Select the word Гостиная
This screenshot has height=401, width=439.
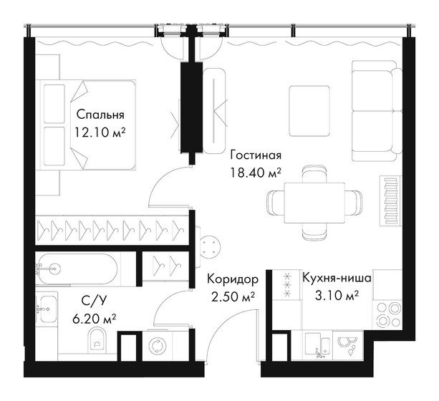255,155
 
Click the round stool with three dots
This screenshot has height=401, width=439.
213,245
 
